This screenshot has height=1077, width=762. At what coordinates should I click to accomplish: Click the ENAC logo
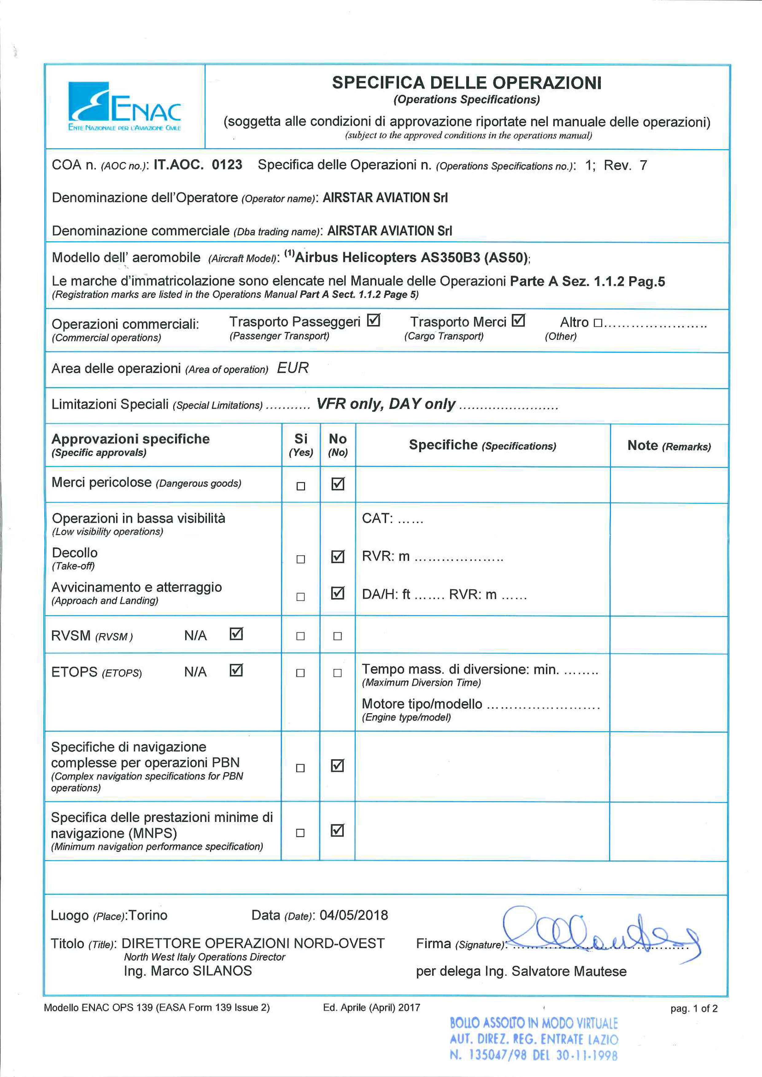[x=124, y=107]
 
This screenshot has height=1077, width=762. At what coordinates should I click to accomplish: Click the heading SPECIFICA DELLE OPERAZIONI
[x=467, y=83]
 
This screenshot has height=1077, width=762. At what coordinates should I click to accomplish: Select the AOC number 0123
[x=227, y=165]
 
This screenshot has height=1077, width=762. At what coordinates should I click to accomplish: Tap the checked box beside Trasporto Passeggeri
[x=373, y=321]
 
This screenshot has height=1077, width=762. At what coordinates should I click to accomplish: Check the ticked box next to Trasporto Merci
[x=518, y=321]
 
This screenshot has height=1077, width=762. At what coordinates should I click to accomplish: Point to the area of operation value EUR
[x=293, y=368]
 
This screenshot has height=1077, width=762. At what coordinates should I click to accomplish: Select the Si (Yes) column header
[x=301, y=444]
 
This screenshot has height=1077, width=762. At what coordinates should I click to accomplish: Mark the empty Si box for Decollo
[x=301, y=559]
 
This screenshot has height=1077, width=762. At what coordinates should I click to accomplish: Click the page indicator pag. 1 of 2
[x=694, y=1009]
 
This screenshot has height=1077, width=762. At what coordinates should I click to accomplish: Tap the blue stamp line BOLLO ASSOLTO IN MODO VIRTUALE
[x=533, y=1023]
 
